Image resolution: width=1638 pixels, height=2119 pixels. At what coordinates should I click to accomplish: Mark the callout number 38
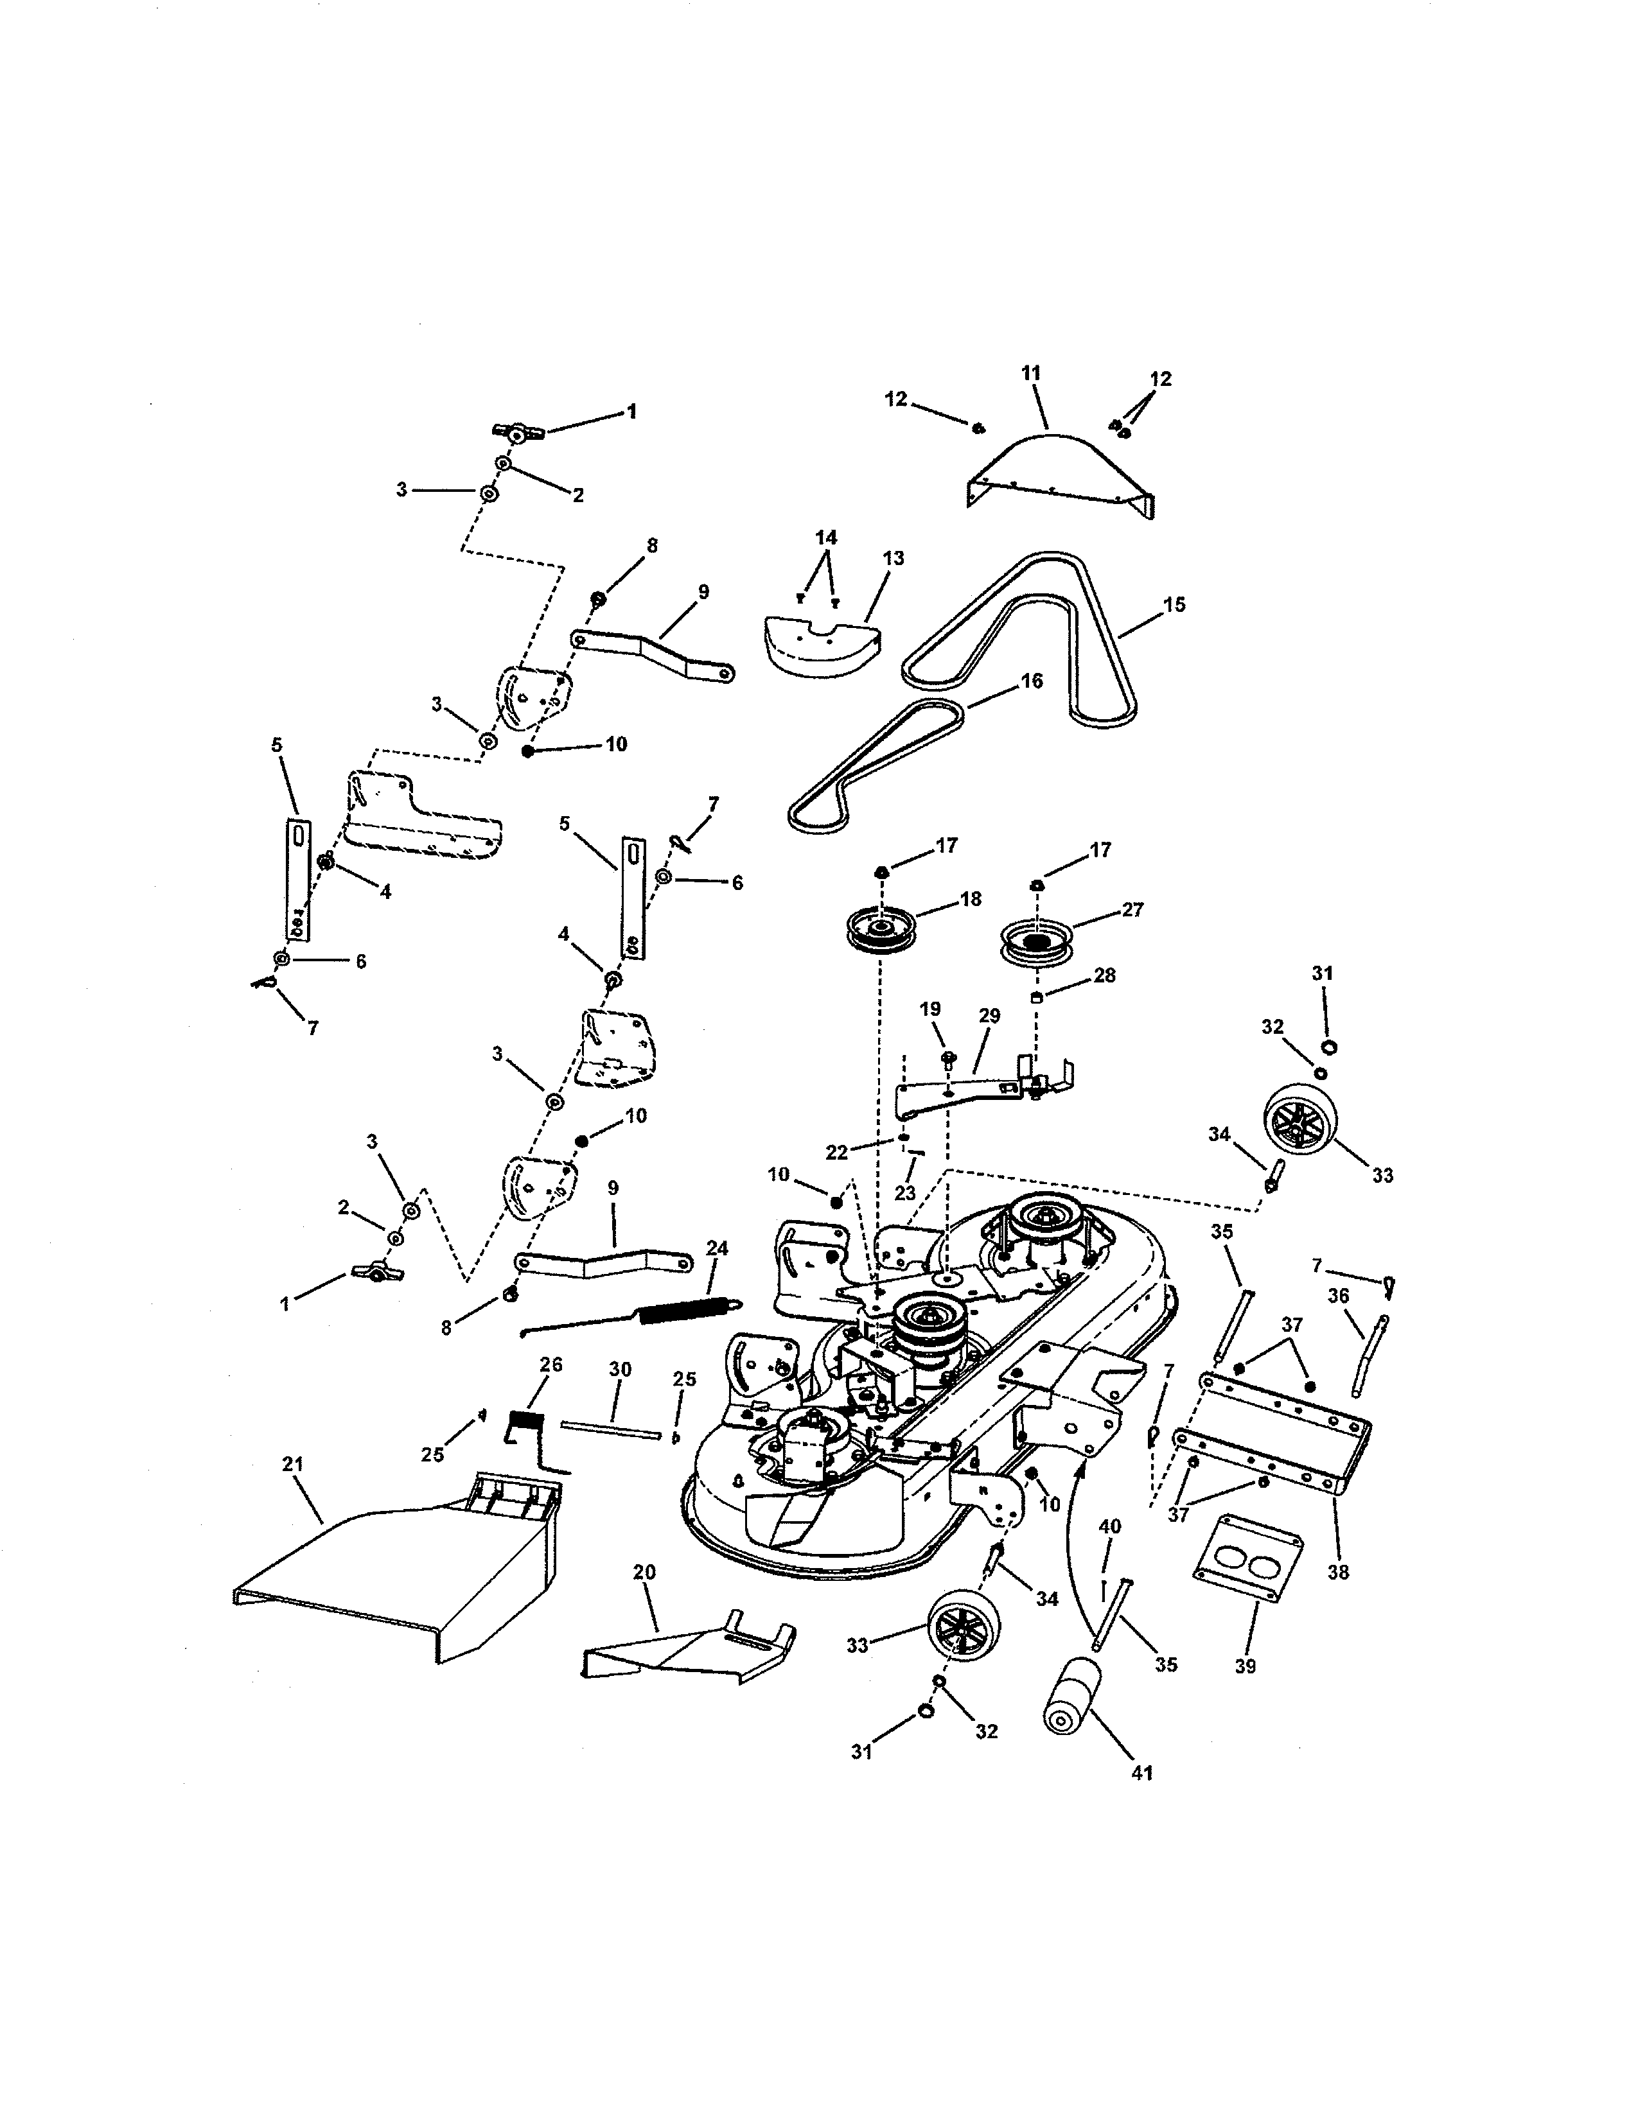click(x=1338, y=1573)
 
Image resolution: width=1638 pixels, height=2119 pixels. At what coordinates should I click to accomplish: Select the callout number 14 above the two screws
click(x=826, y=537)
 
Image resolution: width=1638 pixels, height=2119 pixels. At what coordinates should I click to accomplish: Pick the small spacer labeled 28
click(x=1036, y=998)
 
